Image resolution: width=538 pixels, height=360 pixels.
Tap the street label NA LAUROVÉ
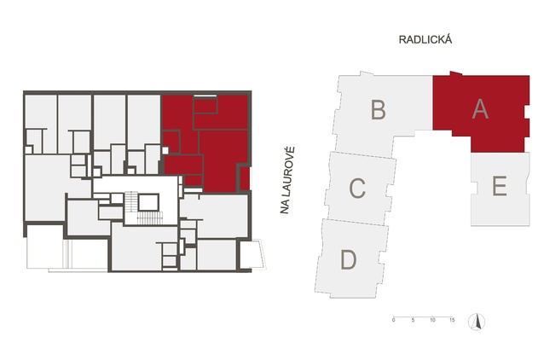pos(287,181)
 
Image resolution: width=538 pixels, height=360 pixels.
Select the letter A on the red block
pos(480,109)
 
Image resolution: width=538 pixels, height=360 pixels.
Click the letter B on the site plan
pos(379,109)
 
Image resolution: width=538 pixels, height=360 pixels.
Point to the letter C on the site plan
pos(357,188)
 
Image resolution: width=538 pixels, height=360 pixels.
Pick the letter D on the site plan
pos(348,259)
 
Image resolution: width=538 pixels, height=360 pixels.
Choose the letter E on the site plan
pos(500,186)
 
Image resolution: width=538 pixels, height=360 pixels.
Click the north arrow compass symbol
pos(477,322)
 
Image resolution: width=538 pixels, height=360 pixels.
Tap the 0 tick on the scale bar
pos(394,320)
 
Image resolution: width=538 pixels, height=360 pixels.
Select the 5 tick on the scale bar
pos(414,320)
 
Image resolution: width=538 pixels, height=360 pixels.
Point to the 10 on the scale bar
pos(432,320)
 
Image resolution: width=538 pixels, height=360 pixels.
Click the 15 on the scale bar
pos(452,320)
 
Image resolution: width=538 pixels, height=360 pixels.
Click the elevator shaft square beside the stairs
pos(148,202)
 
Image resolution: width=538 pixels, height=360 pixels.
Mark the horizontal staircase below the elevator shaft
pos(149,218)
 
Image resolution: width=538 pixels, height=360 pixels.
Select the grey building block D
pos(351,258)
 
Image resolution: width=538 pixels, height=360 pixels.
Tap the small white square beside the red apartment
pos(165,150)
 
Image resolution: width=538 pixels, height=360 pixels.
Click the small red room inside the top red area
pos(205,105)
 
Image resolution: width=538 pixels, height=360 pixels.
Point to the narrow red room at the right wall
pos(245,178)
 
